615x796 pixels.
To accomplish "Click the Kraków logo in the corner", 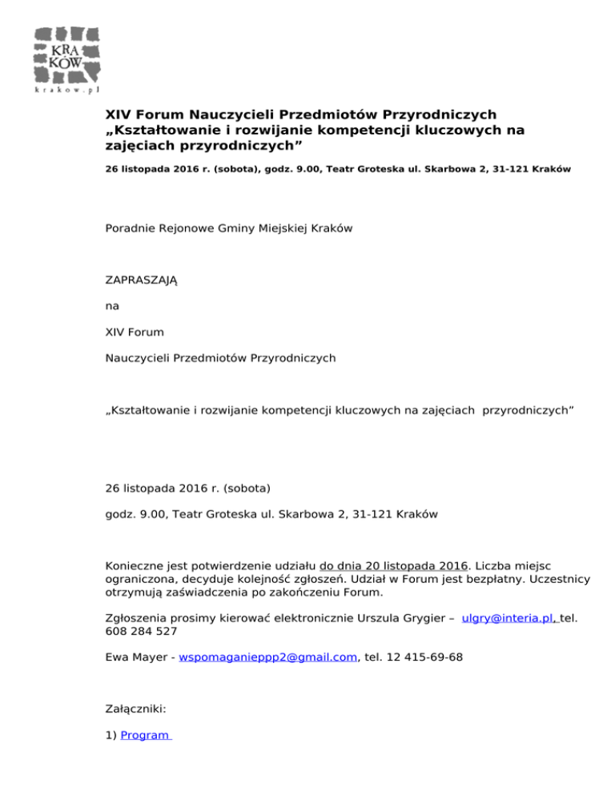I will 67,55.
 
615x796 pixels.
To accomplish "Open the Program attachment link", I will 145,735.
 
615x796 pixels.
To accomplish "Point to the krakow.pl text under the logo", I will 67,90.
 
